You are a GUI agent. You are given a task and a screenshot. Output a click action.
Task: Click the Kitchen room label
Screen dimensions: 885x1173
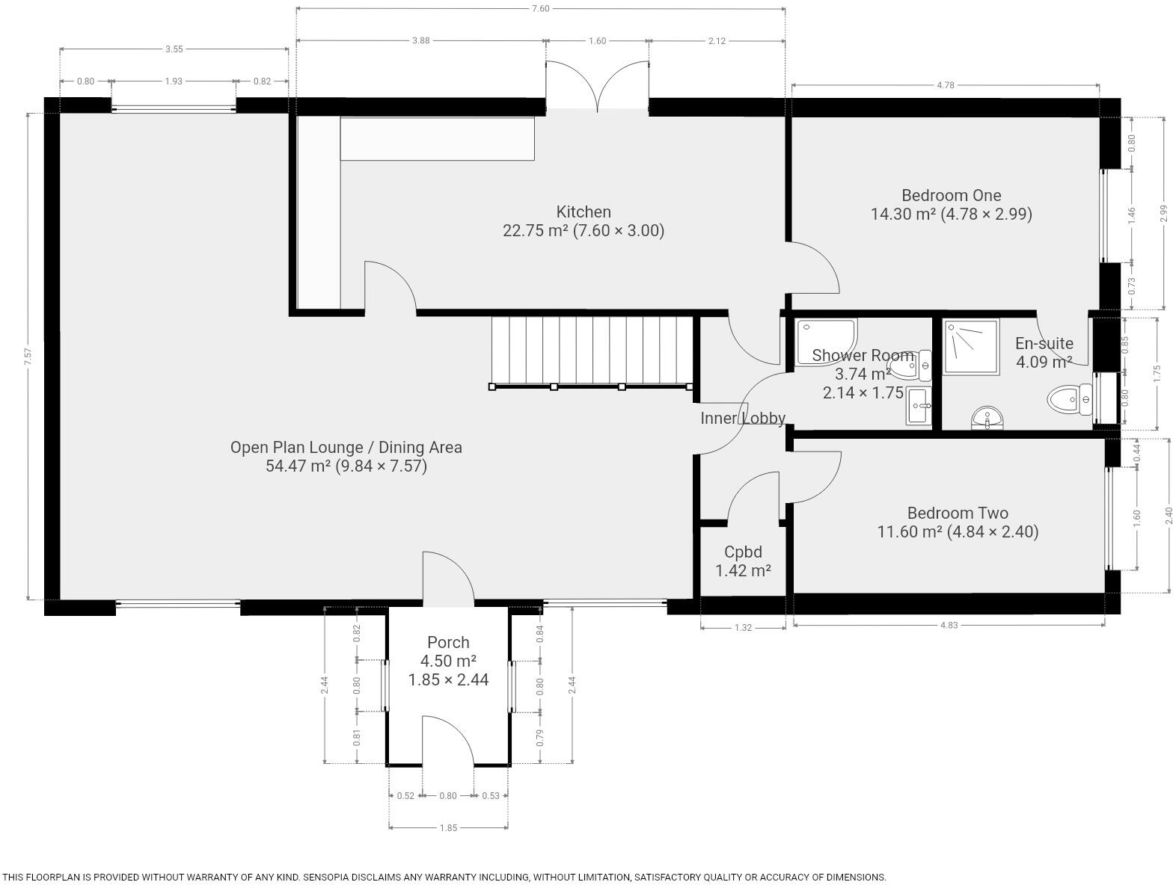click(x=584, y=212)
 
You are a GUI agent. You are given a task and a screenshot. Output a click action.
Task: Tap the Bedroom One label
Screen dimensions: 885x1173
click(x=951, y=196)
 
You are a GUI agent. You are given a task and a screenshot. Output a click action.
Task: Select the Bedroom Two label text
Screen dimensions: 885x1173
click(x=958, y=514)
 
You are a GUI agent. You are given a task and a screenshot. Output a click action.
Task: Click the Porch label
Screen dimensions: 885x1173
click(x=448, y=642)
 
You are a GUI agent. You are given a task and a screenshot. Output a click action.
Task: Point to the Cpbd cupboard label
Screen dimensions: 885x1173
click(x=743, y=552)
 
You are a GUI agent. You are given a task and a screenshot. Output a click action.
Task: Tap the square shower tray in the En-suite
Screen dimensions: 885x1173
click(x=971, y=347)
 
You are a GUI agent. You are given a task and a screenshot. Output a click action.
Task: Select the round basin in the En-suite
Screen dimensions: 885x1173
click(x=988, y=419)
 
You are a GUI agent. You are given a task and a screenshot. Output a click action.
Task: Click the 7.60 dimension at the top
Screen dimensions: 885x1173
click(x=540, y=9)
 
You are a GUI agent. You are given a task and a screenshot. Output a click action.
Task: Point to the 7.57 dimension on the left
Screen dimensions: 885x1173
click(x=28, y=357)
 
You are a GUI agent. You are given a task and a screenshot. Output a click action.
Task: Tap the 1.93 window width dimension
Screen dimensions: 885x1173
click(x=174, y=81)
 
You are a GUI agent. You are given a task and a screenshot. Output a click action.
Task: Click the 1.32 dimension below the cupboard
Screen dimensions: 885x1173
click(x=743, y=628)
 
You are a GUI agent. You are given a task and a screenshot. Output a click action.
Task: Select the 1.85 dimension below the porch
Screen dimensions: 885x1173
click(x=448, y=827)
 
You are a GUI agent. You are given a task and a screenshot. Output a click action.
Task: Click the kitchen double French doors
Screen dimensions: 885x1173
click(x=597, y=88)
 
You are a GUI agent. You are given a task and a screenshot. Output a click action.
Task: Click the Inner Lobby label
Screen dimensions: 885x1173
click(x=742, y=419)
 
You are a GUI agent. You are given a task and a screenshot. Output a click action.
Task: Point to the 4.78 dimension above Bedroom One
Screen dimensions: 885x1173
click(x=946, y=85)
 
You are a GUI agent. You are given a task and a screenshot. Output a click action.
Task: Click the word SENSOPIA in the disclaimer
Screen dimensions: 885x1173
click(x=331, y=878)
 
